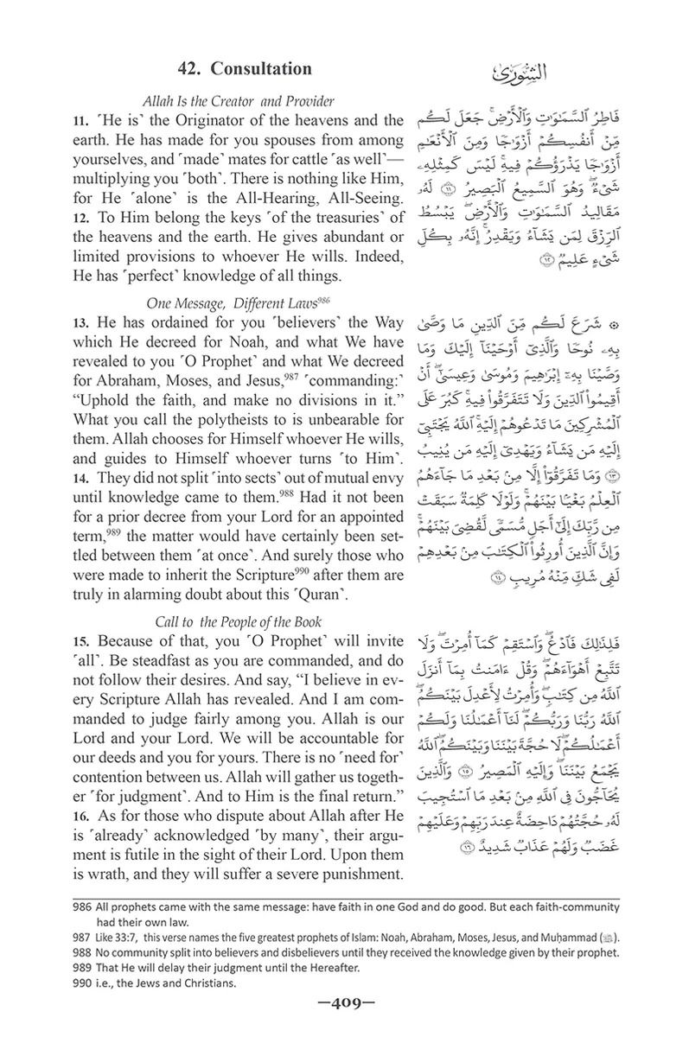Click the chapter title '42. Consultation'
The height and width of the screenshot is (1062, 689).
coord(245,67)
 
